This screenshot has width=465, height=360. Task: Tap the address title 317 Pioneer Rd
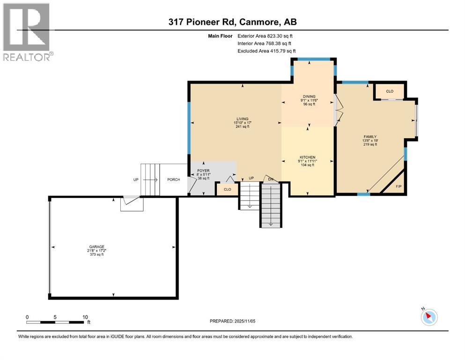click(x=232, y=22)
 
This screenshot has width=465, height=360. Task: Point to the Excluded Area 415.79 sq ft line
click(x=266, y=51)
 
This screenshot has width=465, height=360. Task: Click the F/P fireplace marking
click(x=399, y=187)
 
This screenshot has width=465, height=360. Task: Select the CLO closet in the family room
click(x=390, y=91)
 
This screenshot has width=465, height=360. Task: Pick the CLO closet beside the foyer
click(x=227, y=189)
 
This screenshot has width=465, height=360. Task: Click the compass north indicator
click(x=428, y=317)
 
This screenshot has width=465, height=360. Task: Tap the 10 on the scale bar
click(x=85, y=317)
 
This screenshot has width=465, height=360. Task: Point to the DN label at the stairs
click(x=271, y=179)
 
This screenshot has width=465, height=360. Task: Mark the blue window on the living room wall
click(x=189, y=128)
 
